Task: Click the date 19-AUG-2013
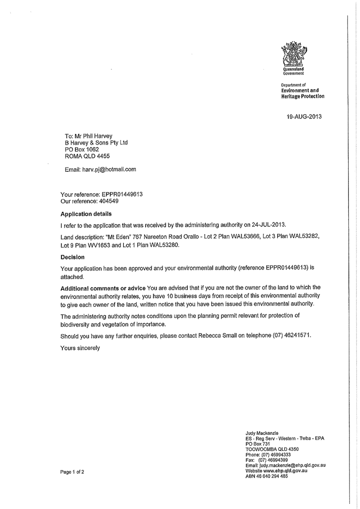click(304, 116)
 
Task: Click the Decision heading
click(73, 257)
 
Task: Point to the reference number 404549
click(106, 202)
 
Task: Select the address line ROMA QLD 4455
click(87, 157)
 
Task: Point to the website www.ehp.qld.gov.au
click(285, 471)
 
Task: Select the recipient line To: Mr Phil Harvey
click(89, 136)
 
